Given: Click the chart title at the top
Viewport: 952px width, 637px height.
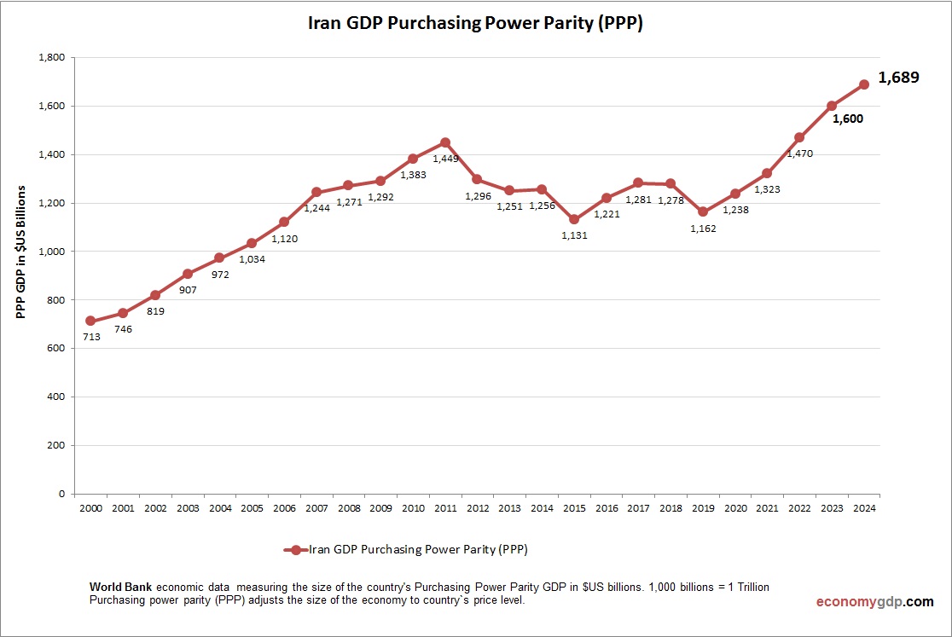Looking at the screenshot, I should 475,24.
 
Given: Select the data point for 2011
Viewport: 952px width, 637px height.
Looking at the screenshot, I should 445,142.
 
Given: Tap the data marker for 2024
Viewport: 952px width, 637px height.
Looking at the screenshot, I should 863,84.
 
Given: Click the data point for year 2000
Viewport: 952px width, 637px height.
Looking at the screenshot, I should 90,321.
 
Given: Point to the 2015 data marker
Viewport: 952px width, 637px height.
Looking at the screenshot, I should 574,219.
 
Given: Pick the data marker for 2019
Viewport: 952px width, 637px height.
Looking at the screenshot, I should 703,211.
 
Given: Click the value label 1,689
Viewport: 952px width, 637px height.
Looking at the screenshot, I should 898,78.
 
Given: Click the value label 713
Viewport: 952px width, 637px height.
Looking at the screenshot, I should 91,337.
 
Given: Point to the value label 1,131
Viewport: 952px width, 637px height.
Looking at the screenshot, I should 575,235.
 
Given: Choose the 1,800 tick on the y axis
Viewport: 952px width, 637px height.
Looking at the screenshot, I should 52,58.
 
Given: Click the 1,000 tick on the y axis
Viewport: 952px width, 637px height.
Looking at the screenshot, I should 52,252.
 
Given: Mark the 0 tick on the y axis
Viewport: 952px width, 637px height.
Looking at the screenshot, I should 61,494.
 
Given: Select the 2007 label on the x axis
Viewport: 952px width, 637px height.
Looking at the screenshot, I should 316,509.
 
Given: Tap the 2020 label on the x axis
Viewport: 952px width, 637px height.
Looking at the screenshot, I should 734,509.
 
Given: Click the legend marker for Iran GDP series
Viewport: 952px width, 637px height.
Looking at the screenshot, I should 296,550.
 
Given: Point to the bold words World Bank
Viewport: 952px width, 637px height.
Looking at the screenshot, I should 121,588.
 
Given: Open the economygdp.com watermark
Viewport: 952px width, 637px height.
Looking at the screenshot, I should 874,602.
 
